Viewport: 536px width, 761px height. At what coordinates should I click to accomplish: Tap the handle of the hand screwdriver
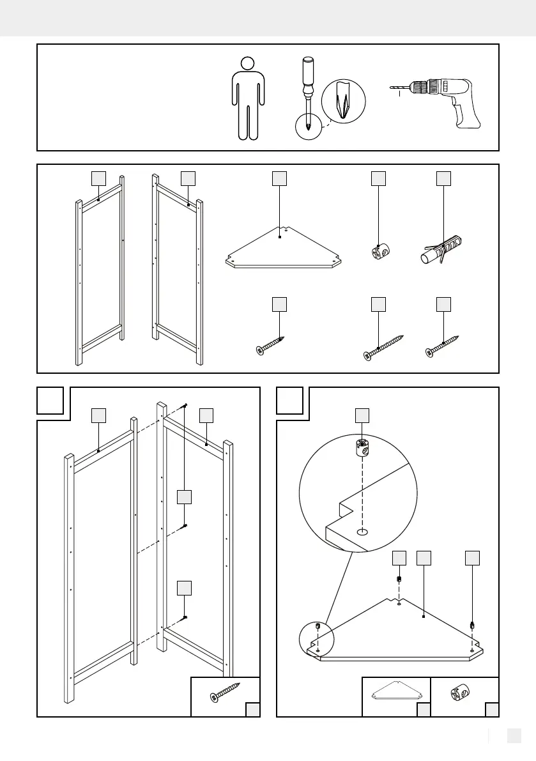308,72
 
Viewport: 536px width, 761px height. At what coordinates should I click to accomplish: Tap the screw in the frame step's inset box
225,694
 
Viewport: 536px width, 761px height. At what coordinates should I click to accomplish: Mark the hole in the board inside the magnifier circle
362,531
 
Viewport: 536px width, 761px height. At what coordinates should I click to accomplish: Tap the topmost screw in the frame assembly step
185,406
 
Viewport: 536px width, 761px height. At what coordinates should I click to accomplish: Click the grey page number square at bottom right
514,737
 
